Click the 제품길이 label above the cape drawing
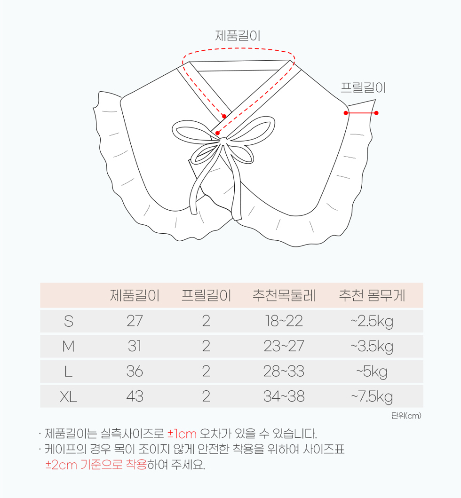tap(238, 36)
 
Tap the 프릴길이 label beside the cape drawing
tap(363, 87)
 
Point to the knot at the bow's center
tap(223, 141)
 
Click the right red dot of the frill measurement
tap(376, 113)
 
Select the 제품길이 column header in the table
tap(135, 295)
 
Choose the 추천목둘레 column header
tap(284, 295)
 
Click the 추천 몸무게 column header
tap(372, 295)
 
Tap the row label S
tap(69, 321)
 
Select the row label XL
tap(69, 396)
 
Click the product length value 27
tap(135, 321)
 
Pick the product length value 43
tap(135, 396)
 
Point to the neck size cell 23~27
tap(284, 346)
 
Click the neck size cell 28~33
tap(284, 372)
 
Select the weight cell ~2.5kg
tap(372, 322)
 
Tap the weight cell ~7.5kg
tap(372, 397)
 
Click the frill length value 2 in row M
tap(206, 346)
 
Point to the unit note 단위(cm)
tap(406, 415)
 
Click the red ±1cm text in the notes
tap(182, 434)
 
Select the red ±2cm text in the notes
tap(61, 465)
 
